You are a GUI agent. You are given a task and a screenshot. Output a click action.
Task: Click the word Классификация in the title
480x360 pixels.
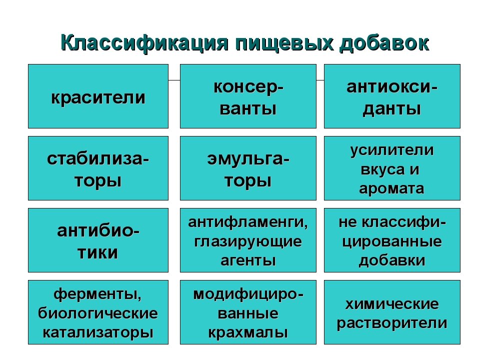point(144,43)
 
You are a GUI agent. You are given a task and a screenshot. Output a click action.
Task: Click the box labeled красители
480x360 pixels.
point(98,96)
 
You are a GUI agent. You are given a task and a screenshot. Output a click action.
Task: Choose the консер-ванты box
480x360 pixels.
point(248,96)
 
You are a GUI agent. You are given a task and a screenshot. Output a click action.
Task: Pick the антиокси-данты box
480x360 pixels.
point(392,96)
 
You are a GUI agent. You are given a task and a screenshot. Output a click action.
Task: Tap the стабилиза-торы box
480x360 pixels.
point(98,168)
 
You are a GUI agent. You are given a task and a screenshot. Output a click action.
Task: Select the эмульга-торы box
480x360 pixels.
point(248,168)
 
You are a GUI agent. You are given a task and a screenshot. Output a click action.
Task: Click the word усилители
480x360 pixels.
point(392,150)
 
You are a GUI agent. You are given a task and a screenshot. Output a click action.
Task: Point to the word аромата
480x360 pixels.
point(392,188)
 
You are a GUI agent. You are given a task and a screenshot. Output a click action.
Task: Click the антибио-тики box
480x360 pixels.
point(98,240)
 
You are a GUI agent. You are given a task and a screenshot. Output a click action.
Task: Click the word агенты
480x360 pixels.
point(248,261)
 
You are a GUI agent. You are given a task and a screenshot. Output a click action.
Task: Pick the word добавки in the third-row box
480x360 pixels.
point(392,261)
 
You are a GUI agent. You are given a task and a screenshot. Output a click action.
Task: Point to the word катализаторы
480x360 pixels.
point(98,333)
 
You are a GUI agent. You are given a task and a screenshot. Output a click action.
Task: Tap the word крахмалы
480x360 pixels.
point(248,333)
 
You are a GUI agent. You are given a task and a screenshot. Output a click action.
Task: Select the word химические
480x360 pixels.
point(392,304)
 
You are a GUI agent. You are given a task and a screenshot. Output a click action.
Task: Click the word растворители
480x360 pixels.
point(392,323)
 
